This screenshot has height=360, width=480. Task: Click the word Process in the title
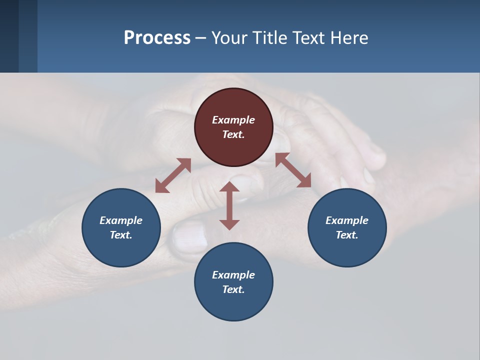[x=157, y=38]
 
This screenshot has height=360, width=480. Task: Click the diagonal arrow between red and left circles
[x=173, y=175]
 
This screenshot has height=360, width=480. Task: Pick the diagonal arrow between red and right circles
[x=293, y=170]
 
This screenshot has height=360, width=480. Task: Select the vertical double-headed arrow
[x=229, y=205]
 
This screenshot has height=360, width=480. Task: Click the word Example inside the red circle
[x=233, y=120]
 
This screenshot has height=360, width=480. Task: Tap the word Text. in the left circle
[x=121, y=235]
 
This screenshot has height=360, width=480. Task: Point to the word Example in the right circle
[x=347, y=220]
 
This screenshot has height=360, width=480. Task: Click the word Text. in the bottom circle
[x=233, y=289]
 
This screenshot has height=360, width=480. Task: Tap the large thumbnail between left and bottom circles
[x=190, y=238]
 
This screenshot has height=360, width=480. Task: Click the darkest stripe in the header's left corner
[x=9, y=36]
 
